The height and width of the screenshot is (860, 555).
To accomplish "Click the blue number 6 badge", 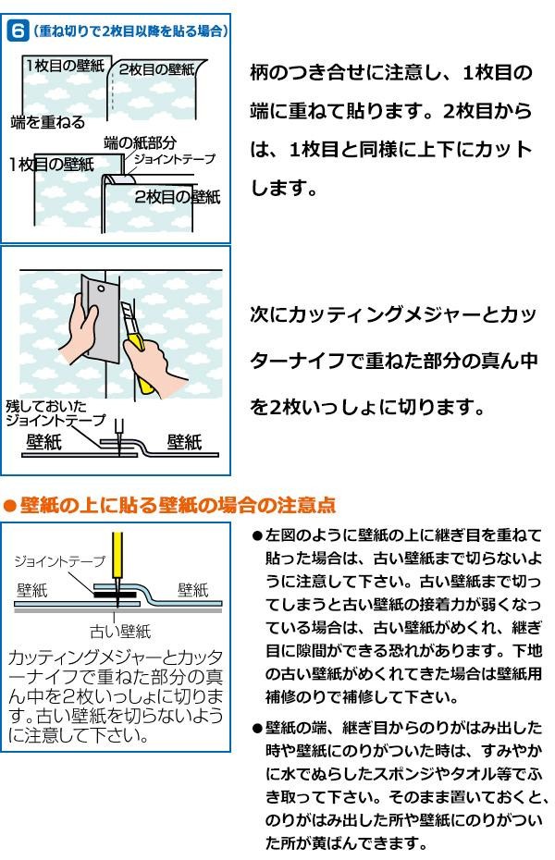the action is coord(18,31).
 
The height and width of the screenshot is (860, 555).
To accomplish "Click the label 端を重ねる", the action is coord(48,122).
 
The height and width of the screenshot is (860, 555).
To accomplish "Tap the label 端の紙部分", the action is coord(141,143).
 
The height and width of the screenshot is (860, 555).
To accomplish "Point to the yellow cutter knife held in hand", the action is coord(137,347).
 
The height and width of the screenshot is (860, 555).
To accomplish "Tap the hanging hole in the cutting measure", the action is coord(101,289).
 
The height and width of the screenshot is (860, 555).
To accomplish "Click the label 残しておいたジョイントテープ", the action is coord(55,413).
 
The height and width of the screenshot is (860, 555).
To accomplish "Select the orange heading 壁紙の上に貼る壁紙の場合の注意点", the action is coord(178,505).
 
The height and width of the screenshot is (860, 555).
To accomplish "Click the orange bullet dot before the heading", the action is coord(10,506).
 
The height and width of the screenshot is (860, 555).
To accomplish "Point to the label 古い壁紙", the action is coord(120,632).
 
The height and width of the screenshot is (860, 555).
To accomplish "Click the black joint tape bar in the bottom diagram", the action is coord(115,595).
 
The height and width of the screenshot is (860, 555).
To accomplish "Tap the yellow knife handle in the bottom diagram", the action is coord(117,555).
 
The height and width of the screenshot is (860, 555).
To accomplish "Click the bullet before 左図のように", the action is coord(257,535).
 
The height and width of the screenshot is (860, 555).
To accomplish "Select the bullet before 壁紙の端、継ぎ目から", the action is coord(257,729).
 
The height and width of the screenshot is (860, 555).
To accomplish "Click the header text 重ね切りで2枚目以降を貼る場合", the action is coord(130,31).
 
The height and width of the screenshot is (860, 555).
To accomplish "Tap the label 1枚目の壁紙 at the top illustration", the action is coord(66,66).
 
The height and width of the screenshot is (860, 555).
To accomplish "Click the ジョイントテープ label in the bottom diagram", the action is coord(59,561).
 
